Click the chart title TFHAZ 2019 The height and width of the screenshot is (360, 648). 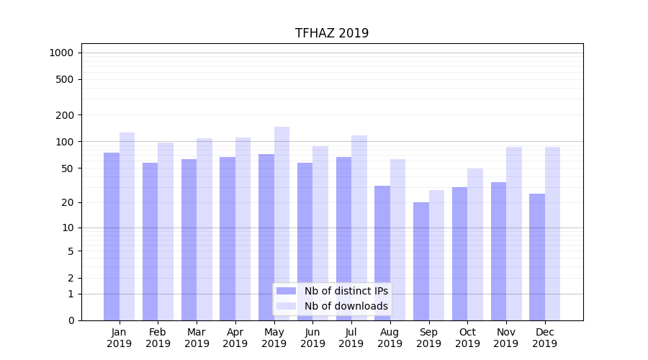pos(332,33)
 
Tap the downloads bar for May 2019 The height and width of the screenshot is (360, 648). pos(282,223)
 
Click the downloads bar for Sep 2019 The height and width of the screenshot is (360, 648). pos(436,255)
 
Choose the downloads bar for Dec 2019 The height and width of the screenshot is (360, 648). pos(552,233)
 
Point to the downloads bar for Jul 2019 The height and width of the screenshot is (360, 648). pos(359,228)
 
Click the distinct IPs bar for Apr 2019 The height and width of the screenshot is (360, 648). pos(228,238)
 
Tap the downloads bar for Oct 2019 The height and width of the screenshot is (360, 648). pos(475,244)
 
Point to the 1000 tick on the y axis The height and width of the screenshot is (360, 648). pos(61,53)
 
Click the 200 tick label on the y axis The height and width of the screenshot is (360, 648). pos(64,115)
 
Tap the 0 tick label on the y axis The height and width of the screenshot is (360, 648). pos(71,320)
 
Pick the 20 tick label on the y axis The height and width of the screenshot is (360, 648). pos(67,202)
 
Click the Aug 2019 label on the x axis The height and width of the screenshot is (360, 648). pos(390,338)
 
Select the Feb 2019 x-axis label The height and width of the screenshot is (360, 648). pos(158,338)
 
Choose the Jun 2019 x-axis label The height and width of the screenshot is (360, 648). pos(312,338)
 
